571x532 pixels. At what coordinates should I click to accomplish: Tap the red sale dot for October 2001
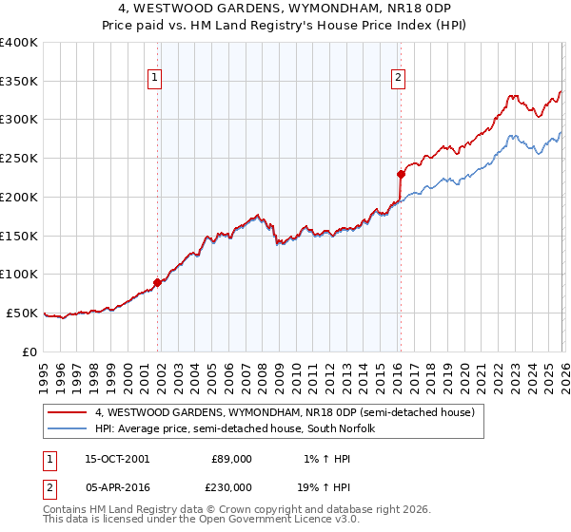pos(157,282)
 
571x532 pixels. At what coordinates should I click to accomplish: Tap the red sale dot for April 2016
pos(401,174)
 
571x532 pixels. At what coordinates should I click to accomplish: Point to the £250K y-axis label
pos(19,158)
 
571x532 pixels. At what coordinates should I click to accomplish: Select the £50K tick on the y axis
pos(23,313)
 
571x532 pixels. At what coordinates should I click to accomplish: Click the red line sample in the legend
pos(68,412)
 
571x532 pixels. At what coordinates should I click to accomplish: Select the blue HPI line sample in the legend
pos(68,428)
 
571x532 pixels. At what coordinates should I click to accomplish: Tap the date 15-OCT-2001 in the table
pos(117,458)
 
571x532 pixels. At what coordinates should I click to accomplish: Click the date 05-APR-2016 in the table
pos(117,486)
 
